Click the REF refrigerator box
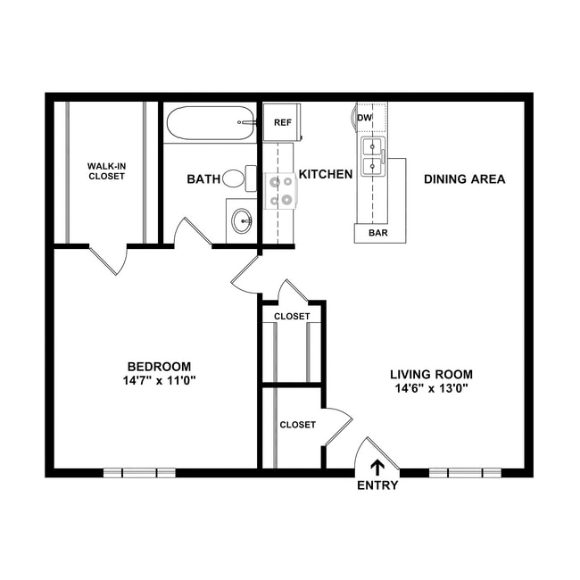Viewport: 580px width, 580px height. click(x=282, y=122)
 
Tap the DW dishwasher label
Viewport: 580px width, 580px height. click(x=365, y=118)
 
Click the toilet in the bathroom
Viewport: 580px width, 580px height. click(x=234, y=178)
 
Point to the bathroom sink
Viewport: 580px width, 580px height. click(x=241, y=220)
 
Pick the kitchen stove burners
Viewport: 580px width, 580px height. click(x=282, y=190)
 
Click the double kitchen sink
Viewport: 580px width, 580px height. click(x=372, y=157)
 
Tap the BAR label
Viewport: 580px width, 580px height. click(x=377, y=234)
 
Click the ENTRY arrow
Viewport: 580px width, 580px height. click(x=377, y=466)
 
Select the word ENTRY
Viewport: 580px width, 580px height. click(x=377, y=486)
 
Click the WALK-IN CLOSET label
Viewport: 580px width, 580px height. click(x=106, y=170)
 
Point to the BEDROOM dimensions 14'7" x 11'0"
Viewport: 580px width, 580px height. click(x=160, y=380)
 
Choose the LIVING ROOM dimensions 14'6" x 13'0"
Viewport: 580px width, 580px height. click(x=431, y=388)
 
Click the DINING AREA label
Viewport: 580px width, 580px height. click(x=464, y=179)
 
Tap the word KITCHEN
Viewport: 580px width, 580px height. click(x=326, y=174)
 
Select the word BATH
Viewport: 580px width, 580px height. click(x=203, y=179)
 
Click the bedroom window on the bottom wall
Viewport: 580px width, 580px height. click(x=139, y=472)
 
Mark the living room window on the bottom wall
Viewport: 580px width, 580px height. click(x=465, y=472)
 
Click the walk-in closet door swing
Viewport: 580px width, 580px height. click(x=111, y=260)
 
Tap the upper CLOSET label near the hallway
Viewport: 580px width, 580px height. click(x=292, y=317)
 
